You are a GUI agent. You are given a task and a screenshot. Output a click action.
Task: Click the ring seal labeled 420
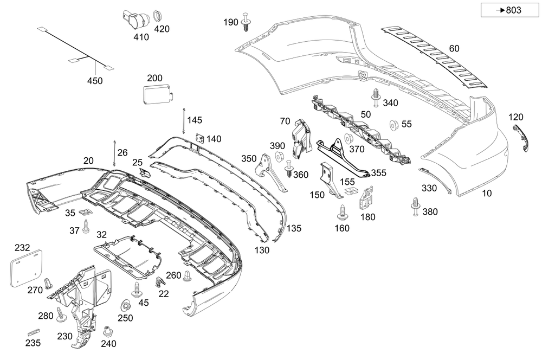159,15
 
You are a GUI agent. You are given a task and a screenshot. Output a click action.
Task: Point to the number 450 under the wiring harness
94,81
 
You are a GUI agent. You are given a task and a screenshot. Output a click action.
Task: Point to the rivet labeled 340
376,97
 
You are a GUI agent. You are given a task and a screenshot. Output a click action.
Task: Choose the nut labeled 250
124,306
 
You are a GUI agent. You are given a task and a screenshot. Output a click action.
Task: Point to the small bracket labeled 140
199,139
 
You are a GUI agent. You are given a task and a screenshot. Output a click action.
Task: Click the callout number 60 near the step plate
454,48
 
